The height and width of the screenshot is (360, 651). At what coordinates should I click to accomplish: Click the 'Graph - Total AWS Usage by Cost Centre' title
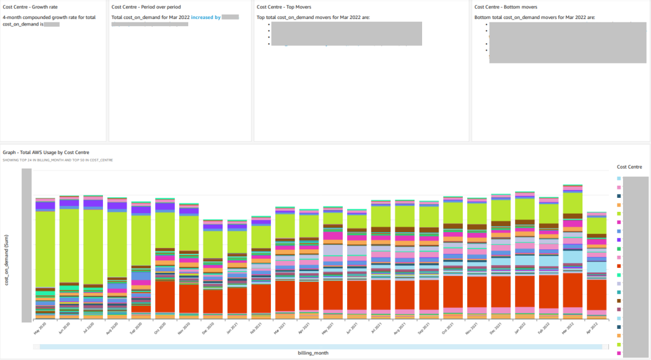click(46, 153)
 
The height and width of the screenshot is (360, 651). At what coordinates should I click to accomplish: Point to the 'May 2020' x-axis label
click(40, 328)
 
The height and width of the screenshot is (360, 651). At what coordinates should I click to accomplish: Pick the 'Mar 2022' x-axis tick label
click(568, 328)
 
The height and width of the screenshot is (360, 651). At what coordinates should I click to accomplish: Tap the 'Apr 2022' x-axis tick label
click(592, 328)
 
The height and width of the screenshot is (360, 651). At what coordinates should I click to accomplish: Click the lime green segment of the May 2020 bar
click(45, 248)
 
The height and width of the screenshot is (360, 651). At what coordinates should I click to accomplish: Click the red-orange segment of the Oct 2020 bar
click(165, 296)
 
